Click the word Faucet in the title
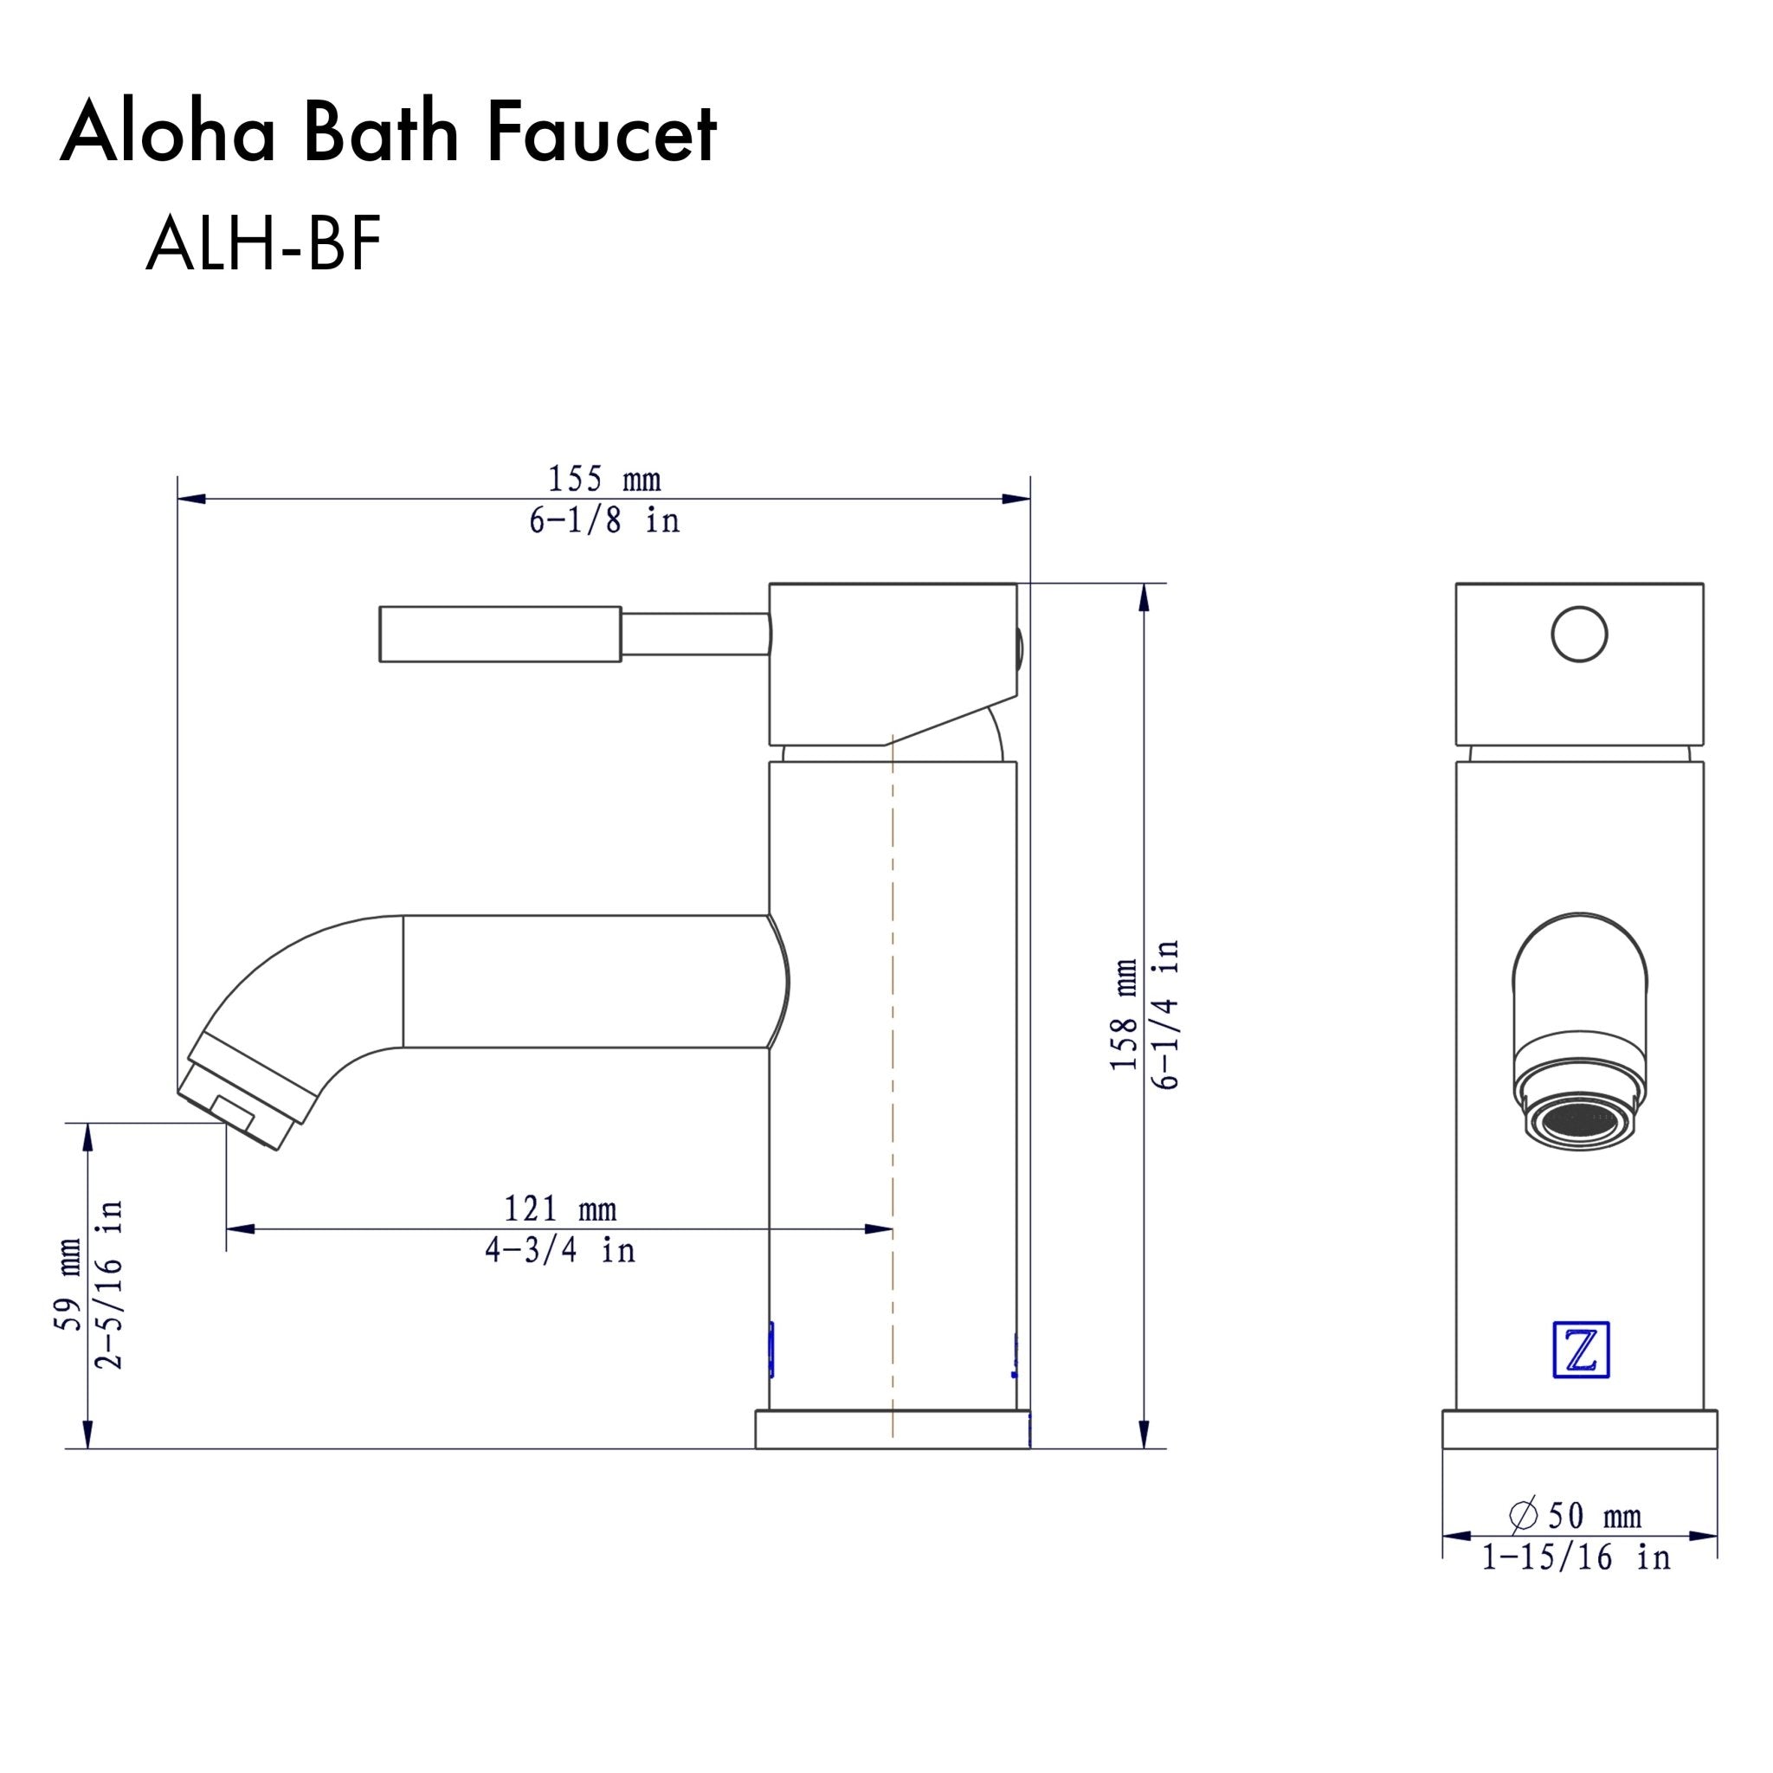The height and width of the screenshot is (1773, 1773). click(601, 135)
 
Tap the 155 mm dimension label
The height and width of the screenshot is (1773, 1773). click(604, 479)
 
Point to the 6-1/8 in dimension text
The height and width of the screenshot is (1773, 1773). click(604, 521)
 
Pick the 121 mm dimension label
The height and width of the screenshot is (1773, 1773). click(560, 1209)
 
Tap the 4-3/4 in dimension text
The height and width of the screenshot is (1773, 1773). click(560, 1250)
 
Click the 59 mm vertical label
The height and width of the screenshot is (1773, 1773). click(70, 1285)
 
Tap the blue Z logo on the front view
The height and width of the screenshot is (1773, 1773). click(1580, 1375)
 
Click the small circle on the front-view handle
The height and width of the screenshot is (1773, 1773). click(1579, 634)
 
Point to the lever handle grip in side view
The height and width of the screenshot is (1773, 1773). click(500, 633)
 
